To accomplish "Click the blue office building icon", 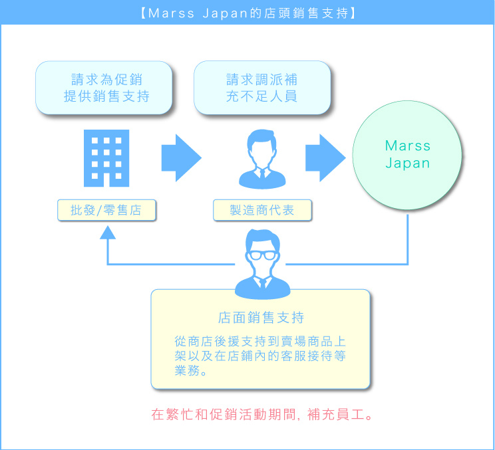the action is click(106, 158).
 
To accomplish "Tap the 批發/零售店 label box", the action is click(106, 210).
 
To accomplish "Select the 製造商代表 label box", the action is click(262, 210).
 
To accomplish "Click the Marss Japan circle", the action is click(407, 155).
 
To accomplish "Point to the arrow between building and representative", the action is click(181, 158).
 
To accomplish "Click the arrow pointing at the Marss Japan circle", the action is click(325, 158).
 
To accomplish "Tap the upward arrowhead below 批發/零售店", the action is click(108, 233).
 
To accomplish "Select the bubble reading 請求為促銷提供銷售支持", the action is click(104, 88).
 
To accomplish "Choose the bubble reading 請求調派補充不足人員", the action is click(262, 88).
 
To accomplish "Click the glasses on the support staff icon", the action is click(262, 255).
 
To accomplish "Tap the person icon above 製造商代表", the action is click(262, 159).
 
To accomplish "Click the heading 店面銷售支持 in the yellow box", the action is click(261, 318).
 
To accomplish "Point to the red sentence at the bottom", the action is click(262, 414).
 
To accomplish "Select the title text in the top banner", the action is click(248, 13).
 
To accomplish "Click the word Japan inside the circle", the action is click(408, 164).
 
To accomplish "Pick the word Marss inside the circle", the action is click(408, 146).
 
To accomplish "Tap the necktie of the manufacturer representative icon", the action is click(262, 174).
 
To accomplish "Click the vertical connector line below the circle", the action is click(408, 239).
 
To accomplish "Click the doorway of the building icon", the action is click(106, 179).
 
